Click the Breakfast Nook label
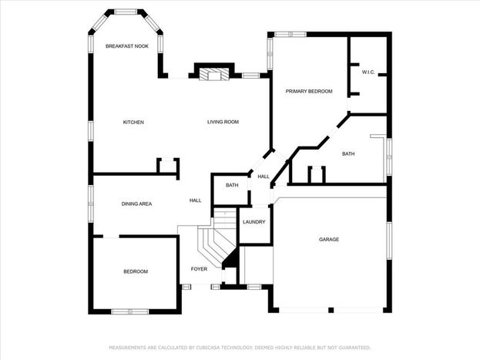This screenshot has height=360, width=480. (127, 46)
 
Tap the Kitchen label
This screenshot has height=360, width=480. (133, 123)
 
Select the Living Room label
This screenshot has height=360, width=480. (223, 122)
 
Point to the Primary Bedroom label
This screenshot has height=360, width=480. (309, 91)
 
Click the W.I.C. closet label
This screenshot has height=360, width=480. (368, 72)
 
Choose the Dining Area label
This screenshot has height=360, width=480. (136, 204)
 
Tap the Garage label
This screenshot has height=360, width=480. (329, 239)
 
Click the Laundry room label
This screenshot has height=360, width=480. (253, 222)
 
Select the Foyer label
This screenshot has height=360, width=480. (199, 269)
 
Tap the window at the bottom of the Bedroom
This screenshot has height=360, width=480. (129, 311)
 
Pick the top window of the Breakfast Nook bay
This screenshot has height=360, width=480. (126, 12)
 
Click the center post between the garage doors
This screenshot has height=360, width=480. (331, 310)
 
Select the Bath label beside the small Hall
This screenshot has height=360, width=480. (232, 185)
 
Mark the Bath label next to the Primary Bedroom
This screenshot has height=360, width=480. (348, 154)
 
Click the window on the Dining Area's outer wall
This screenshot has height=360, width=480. (91, 204)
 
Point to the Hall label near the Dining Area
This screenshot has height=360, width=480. (195, 200)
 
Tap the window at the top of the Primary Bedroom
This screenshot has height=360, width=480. (290, 35)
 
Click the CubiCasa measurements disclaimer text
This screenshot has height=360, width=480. (240, 348)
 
